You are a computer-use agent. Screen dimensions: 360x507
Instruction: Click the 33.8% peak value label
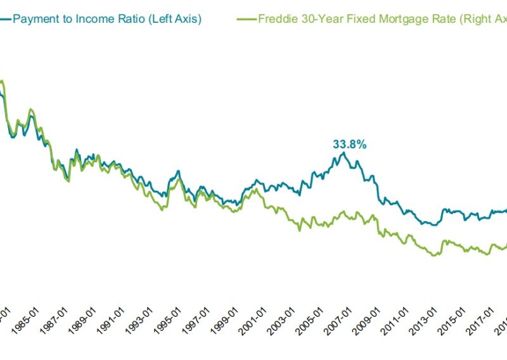(350, 145)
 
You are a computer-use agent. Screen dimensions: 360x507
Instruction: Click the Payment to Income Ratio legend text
(106, 19)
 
